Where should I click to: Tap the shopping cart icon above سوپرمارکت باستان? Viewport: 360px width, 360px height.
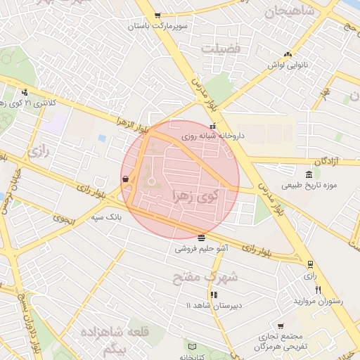[x=157, y=15]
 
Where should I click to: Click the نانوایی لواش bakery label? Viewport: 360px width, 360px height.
[x=287, y=65]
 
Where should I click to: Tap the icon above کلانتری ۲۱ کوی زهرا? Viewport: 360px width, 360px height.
[x=25, y=91]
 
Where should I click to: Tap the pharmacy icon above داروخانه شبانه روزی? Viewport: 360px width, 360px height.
[x=213, y=127]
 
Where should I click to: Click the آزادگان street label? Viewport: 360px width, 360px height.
[x=326, y=161]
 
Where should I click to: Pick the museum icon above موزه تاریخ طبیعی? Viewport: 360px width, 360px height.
[x=309, y=175]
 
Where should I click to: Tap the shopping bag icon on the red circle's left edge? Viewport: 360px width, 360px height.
[x=125, y=179]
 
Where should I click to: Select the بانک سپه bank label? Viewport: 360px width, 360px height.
[x=106, y=217]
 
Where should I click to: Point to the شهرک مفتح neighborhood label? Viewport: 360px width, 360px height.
[x=205, y=276]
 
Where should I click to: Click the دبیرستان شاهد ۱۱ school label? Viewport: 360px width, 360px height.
[x=212, y=306]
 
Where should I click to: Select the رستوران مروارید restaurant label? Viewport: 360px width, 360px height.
[x=321, y=301]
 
